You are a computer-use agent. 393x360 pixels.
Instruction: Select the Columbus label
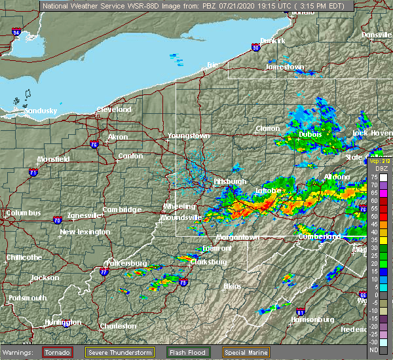pos(23,213)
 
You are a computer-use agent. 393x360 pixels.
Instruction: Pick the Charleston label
pos(118,326)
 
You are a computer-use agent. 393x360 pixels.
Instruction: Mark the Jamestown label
pos(284,67)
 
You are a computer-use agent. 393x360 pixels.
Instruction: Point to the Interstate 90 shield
pos(255,46)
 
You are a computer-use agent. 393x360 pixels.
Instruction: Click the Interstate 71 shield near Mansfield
pos(33,172)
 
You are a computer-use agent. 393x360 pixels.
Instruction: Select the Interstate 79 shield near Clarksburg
pos(183,283)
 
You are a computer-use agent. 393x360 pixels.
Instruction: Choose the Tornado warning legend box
pos(58,352)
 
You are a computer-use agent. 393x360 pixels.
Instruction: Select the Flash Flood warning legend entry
pos(188,352)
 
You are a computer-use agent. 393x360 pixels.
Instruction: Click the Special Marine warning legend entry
pos(246,352)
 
